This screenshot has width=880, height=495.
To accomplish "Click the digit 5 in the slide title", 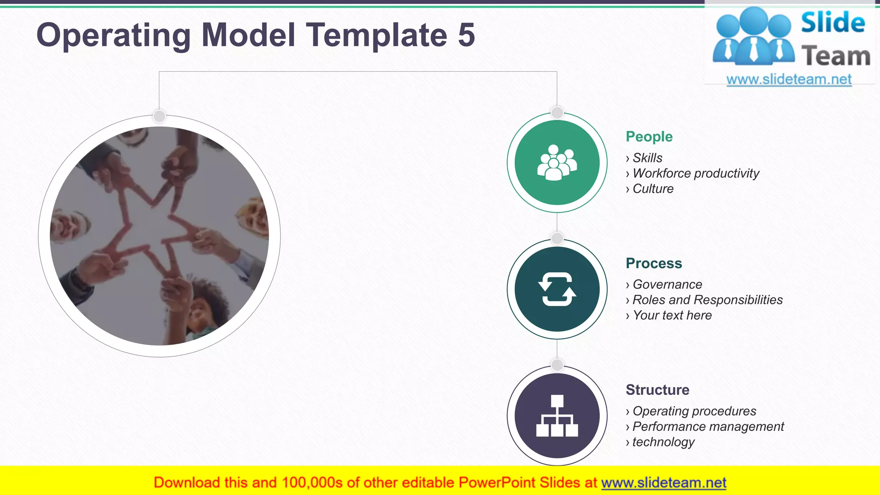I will [466, 35].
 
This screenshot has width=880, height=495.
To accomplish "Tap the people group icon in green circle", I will [557, 162].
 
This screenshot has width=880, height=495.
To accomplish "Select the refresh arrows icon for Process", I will [557, 289].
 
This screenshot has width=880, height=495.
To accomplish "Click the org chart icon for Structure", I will [557, 416].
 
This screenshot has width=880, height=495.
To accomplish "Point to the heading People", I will [649, 137].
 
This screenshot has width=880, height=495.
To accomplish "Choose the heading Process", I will [654, 263].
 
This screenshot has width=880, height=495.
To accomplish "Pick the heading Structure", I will [657, 390].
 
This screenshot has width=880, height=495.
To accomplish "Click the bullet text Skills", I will [647, 158].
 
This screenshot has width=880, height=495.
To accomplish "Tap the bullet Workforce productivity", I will [696, 174].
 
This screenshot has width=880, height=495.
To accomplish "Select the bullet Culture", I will [653, 189].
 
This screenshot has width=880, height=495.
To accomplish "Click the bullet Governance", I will [667, 284].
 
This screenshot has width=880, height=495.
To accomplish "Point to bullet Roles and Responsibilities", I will [707, 300].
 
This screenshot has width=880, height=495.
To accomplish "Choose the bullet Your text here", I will [672, 315].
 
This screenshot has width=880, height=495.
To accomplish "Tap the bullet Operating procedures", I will [694, 411].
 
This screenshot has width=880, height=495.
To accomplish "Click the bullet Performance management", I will [708, 427].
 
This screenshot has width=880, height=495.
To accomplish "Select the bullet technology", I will [663, 442].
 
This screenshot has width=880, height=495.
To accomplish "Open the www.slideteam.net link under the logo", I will [789, 79].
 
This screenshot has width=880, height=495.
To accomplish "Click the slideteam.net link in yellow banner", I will [663, 483].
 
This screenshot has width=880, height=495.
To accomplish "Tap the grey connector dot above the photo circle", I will [159, 116].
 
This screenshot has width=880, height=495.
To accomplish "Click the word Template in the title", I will [376, 35].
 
